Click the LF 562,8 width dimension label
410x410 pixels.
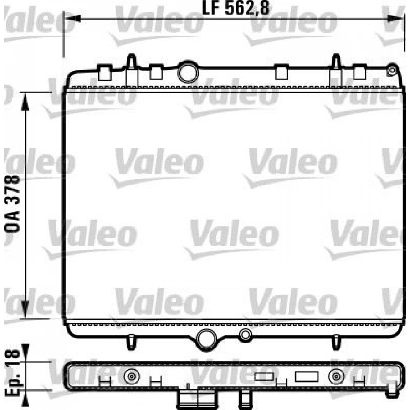(x=236, y=8)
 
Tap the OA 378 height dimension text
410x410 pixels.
(x=12, y=204)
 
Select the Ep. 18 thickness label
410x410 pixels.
(x=12, y=373)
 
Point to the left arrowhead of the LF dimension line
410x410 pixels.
(x=72, y=19)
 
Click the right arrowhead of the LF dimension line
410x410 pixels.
(x=395, y=19)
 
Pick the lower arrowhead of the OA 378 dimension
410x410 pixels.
(x=25, y=310)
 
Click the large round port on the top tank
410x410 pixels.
(x=188, y=72)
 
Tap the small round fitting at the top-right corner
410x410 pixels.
(x=392, y=70)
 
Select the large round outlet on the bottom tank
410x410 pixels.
(x=206, y=339)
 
